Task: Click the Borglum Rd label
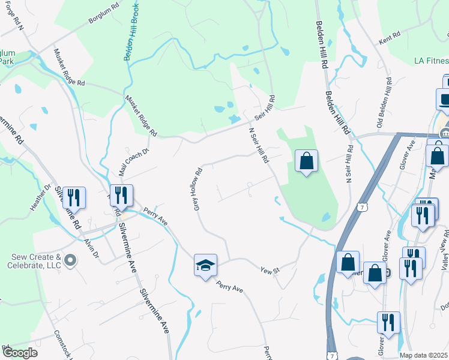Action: [x=97, y=28]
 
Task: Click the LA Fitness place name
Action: [x=432, y=61]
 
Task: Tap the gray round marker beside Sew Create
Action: [x=70, y=260]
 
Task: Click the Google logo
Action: [x=20, y=353]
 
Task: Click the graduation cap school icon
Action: [x=205, y=265]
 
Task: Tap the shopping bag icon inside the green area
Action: [x=306, y=161]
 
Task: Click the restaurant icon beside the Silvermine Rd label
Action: [x=74, y=197]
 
